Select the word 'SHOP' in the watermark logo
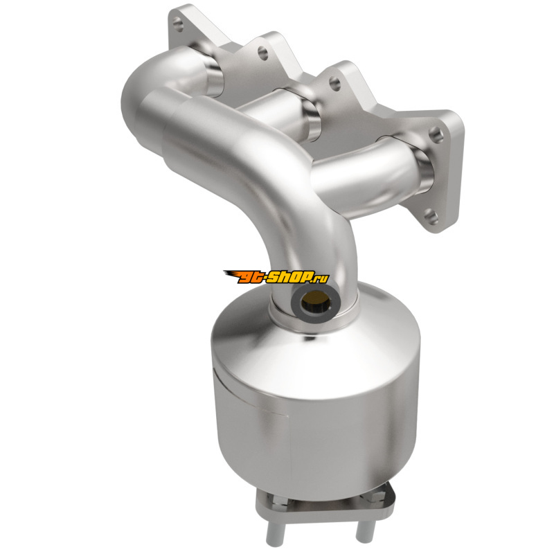(x=287, y=278)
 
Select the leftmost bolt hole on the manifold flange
(x=179, y=25)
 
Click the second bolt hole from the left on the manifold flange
(x=263, y=53)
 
